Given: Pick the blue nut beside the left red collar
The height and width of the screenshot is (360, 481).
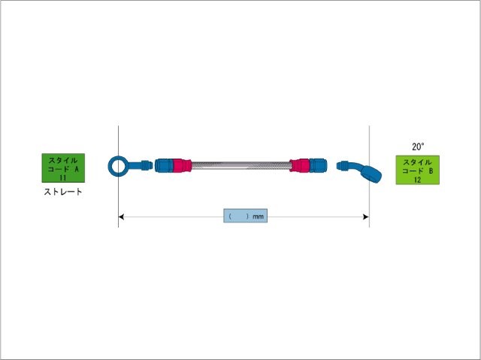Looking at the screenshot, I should (x=163, y=165).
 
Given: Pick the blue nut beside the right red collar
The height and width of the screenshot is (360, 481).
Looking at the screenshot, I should (x=319, y=165).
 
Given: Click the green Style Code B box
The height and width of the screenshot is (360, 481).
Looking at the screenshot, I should (x=417, y=171).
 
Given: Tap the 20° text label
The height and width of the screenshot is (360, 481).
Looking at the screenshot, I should (x=419, y=147).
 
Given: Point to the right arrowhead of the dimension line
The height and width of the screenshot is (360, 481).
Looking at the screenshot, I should (x=365, y=216).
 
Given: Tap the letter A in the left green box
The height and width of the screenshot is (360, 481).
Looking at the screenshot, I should (x=77, y=169).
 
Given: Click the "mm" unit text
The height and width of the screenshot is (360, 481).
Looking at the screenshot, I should (x=259, y=216).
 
